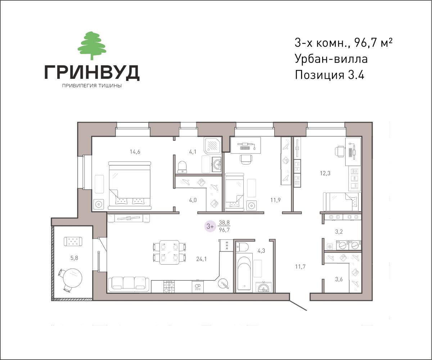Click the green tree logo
click(x=92, y=46)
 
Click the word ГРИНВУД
click(x=92, y=72)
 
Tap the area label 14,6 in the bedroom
click(x=135, y=152)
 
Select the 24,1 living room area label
click(x=201, y=259)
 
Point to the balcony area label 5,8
click(x=74, y=258)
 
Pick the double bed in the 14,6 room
click(x=130, y=186)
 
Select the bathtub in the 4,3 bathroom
click(x=244, y=273)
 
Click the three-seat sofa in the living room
click(x=129, y=284)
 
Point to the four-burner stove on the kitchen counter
click(x=169, y=287)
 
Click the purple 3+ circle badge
click(x=210, y=226)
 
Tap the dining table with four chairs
click(x=170, y=252)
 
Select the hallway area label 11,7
click(x=300, y=267)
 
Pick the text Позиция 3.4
click(x=329, y=75)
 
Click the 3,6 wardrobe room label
click(x=339, y=279)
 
